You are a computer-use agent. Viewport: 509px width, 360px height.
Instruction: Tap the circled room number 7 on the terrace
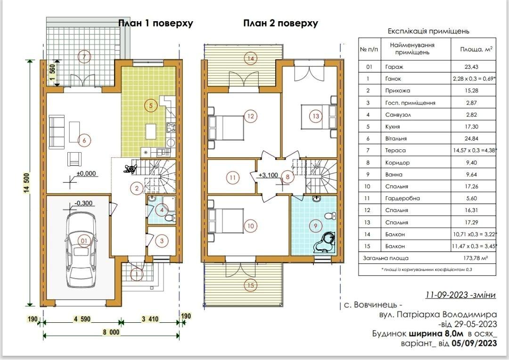(x=84, y=57)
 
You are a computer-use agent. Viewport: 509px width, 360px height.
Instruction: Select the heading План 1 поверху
(x=155, y=24)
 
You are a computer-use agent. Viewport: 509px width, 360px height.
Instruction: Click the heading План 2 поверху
(x=280, y=24)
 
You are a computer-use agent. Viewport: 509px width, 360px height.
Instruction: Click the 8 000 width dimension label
(x=111, y=332)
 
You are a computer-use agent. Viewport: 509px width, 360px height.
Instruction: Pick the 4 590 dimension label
(x=82, y=319)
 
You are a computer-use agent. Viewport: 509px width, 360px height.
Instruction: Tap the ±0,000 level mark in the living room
(x=86, y=174)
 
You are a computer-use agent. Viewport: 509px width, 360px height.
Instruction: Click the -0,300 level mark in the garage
(x=83, y=204)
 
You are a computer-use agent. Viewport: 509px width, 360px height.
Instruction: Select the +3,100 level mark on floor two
(x=268, y=175)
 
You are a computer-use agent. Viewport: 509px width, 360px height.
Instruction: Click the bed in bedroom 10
(x=226, y=221)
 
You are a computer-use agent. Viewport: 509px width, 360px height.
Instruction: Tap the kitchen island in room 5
(x=150, y=131)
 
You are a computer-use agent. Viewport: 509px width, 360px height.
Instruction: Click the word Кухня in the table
(x=393, y=127)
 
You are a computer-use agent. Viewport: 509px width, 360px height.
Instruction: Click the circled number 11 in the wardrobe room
(x=232, y=178)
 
